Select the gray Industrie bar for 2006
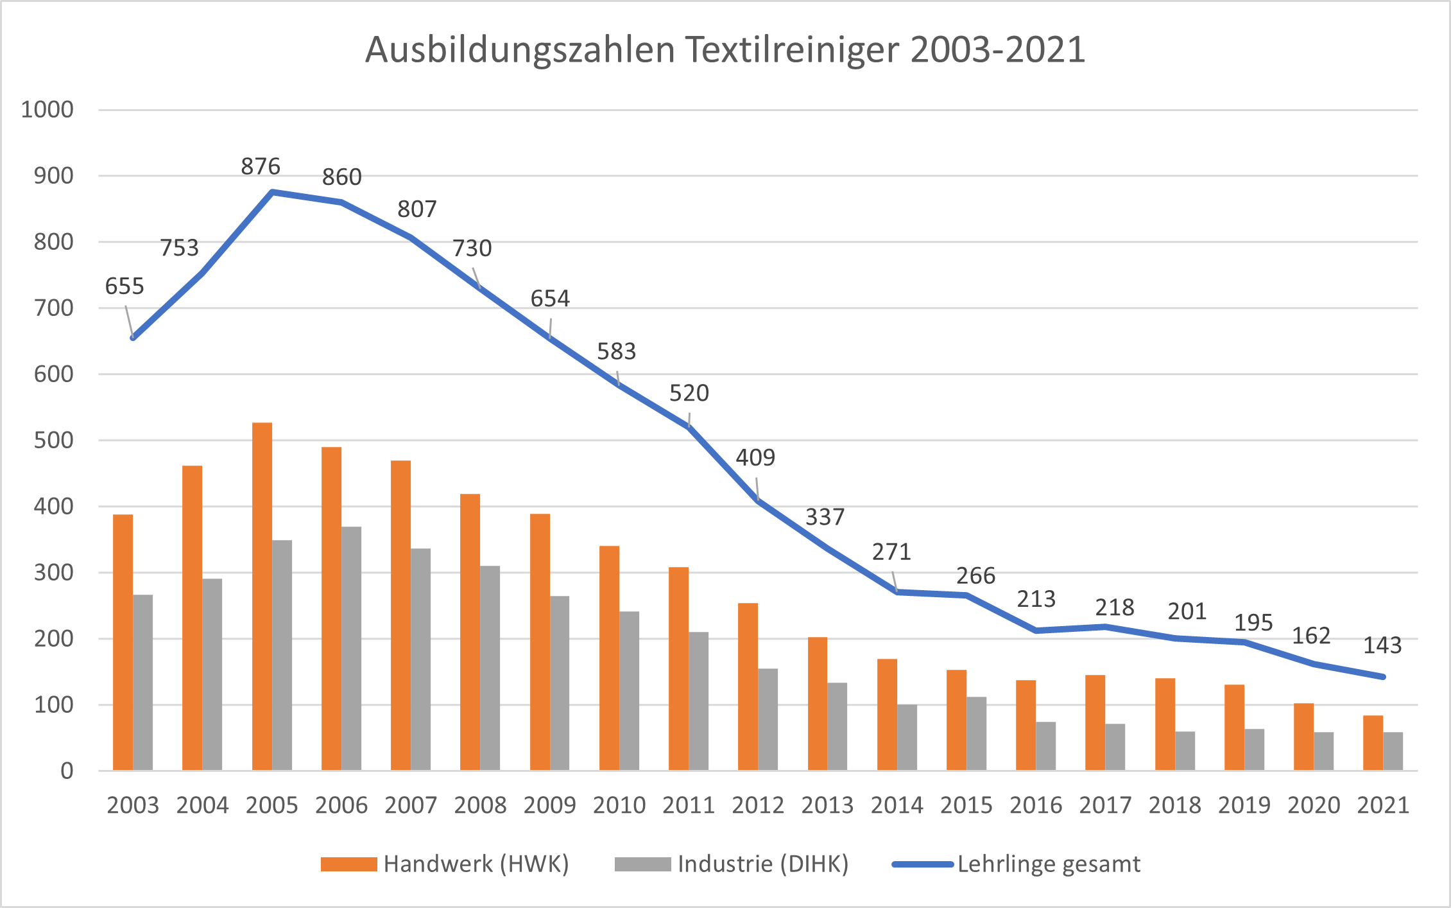point(351,649)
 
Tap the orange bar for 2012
point(748,686)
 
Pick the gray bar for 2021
point(1393,751)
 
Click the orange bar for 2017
point(1095,722)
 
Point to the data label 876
point(261,166)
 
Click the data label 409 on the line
point(755,458)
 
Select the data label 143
point(1382,645)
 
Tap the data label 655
point(124,286)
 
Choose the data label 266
point(975,576)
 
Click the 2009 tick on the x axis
point(549,805)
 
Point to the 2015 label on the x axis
point(966,805)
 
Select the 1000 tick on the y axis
point(47,110)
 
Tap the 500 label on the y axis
point(54,441)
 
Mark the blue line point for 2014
point(897,592)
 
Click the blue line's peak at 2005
point(272,192)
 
